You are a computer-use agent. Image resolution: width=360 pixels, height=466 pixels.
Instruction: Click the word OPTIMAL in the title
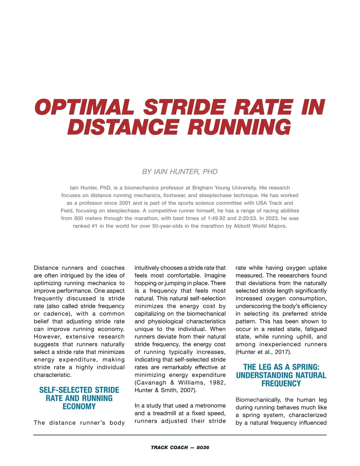tap(84, 107)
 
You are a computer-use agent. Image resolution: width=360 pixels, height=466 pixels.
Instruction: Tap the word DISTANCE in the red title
tap(123, 127)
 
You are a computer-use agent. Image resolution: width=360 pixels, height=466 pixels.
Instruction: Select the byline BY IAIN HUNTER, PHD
tap(180, 172)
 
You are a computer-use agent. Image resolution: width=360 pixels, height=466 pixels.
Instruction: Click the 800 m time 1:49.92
tap(216, 218)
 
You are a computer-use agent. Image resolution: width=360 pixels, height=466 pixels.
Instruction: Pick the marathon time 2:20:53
tap(246, 218)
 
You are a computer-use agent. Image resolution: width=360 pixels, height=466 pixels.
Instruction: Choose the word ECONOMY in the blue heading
tap(79, 407)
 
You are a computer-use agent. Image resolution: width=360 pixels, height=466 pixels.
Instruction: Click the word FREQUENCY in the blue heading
tap(281, 383)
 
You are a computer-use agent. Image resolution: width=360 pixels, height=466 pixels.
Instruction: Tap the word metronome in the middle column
tap(210, 406)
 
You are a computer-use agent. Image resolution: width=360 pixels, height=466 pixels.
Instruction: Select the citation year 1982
tap(217, 383)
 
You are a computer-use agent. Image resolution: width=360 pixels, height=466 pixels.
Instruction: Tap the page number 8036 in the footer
tap(203, 447)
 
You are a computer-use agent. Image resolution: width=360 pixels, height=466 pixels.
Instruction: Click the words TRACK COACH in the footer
tap(169, 447)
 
